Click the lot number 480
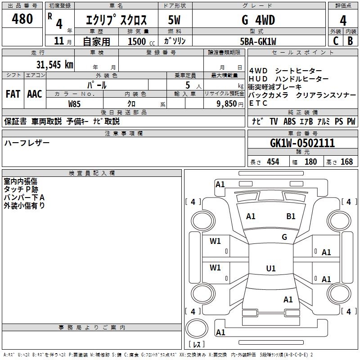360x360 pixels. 22,19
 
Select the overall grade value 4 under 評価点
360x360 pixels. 343,20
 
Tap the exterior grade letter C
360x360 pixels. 335,41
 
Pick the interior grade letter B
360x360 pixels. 350,41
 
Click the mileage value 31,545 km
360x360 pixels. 54,64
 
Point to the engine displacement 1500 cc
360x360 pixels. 140,41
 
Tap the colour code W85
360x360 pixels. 75,103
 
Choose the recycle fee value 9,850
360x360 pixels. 223,103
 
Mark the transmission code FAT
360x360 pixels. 13,94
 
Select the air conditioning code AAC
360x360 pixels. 34,94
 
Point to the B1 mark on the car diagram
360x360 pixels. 291,216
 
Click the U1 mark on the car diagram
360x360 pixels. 270,269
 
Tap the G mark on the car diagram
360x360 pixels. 284,237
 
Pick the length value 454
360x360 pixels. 273,162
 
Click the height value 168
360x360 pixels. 346,162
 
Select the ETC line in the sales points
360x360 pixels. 258,103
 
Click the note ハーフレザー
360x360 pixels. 27,143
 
